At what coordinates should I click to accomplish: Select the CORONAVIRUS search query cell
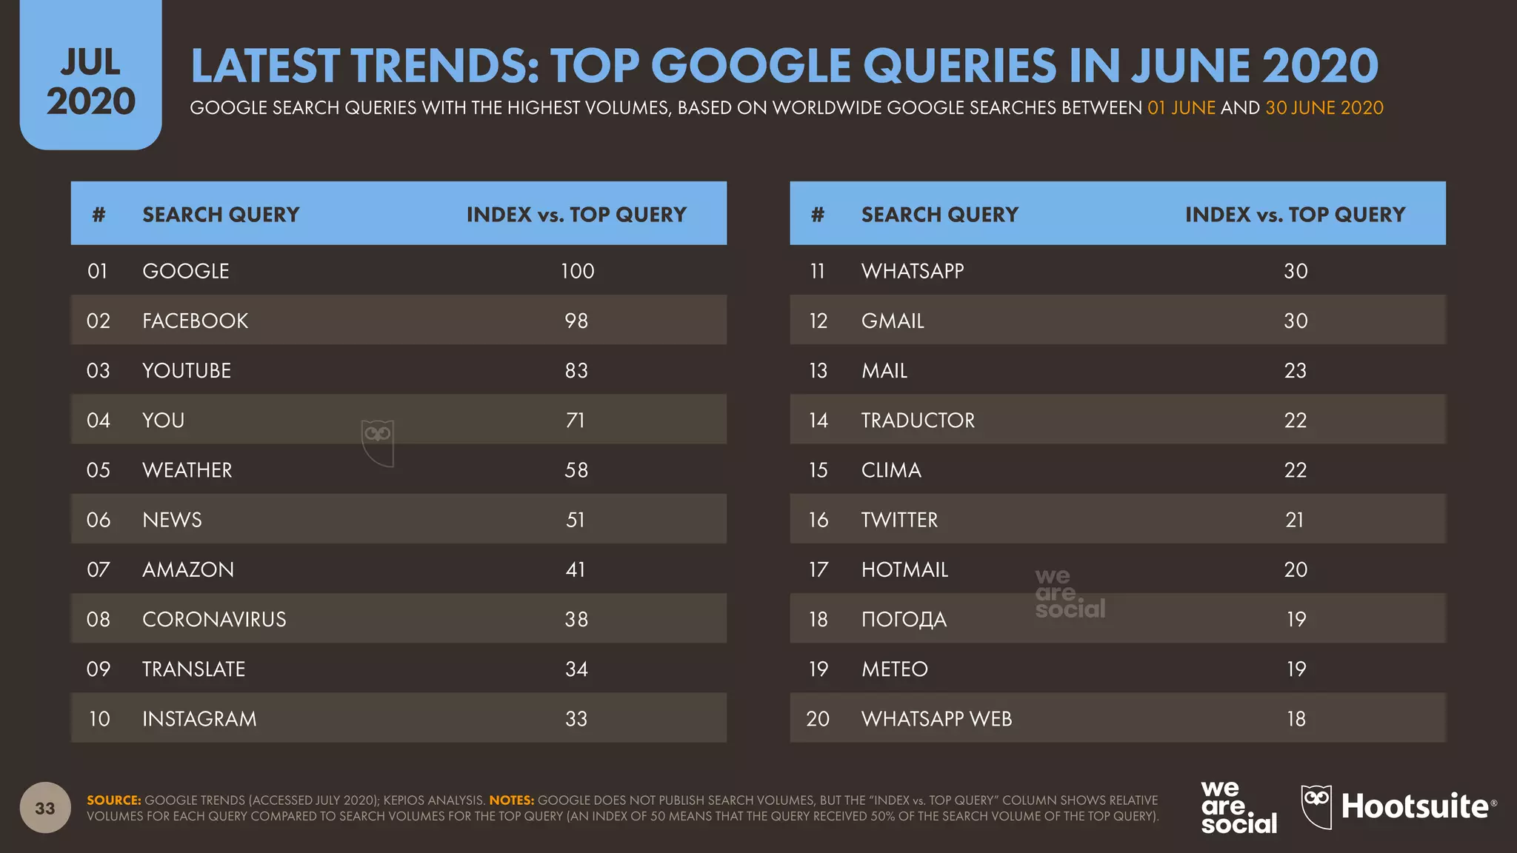[x=214, y=619]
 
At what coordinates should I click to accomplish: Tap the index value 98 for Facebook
[x=576, y=321]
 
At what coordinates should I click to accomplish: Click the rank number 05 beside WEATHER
[x=98, y=470]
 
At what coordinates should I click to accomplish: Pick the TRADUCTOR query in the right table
[x=918, y=421]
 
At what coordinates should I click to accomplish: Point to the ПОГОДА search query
[x=904, y=619]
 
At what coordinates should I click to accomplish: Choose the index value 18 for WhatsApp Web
[x=1296, y=719]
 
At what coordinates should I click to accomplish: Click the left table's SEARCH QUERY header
[x=221, y=215]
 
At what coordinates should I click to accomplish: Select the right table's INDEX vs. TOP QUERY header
[x=1295, y=215]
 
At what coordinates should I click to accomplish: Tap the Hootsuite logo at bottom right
[x=1398, y=806]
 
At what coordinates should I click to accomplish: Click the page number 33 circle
[x=45, y=808]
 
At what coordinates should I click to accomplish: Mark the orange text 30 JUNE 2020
[x=1324, y=108]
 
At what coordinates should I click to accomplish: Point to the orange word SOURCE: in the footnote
[x=113, y=800]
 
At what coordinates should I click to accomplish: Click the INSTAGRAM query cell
[x=199, y=719]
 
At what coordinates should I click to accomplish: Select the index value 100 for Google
[x=577, y=271]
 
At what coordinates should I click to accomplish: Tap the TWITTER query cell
[x=899, y=520]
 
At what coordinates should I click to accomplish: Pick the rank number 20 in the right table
[x=817, y=719]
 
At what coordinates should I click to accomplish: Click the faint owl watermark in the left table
[x=378, y=442]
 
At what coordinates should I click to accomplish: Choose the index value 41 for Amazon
[x=576, y=569]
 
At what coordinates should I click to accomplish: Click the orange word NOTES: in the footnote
[x=511, y=800]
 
